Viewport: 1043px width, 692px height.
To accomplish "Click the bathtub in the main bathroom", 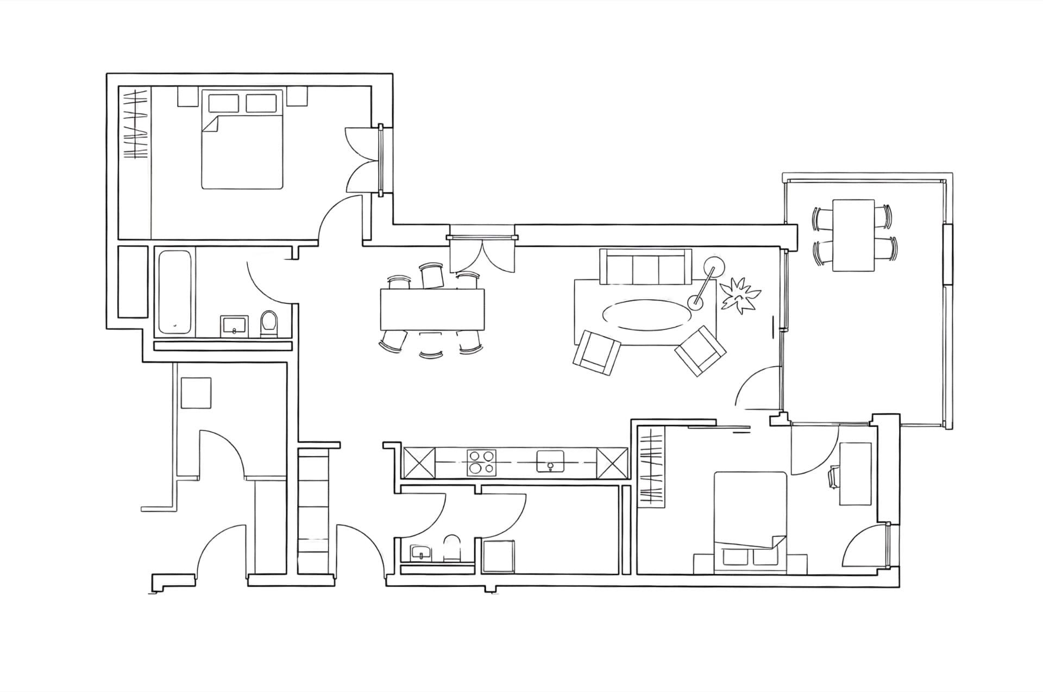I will [x=174, y=292].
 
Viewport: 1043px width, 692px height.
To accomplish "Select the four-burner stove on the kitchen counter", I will [x=481, y=462].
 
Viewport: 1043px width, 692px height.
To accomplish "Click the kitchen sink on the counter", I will [x=550, y=462].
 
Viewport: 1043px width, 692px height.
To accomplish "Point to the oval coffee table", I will [x=645, y=315].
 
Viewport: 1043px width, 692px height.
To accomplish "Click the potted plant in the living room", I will [x=739, y=295].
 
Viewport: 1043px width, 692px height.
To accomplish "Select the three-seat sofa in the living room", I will [x=645, y=267].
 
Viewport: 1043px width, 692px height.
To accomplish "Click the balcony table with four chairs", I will [x=853, y=235].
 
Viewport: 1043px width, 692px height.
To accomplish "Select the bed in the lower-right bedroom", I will [x=750, y=522].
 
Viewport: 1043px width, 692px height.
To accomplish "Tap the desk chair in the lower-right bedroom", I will [x=833, y=477].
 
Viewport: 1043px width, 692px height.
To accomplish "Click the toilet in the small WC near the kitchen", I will [x=451, y=547].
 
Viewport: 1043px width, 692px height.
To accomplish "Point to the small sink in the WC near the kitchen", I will [x=420, y=553].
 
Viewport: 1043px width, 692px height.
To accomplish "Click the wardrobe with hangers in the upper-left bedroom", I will [x=134, y=125].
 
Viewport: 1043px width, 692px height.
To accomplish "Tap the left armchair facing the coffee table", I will [x=596, y=352].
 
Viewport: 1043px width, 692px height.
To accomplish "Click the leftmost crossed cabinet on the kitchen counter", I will [x=419, y=463].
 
